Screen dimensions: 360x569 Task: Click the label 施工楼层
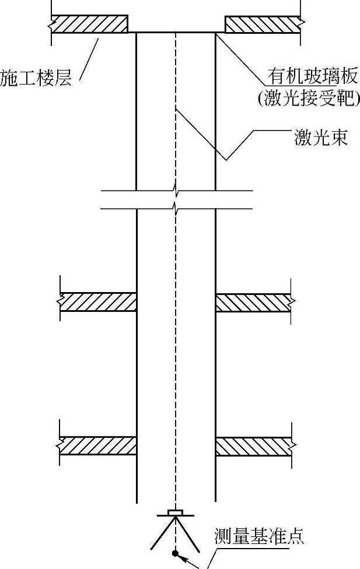[x=36, y=79]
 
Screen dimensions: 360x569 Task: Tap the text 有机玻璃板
[x=305, y=76]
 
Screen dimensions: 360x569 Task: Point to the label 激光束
[x=321, y=139]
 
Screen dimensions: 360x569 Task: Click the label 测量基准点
[x=259, y=537]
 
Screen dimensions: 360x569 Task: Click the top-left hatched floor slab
[x=90, y=24]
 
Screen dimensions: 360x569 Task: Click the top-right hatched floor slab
[x=263, y=24]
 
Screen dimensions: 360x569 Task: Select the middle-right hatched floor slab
[x=253, y=302]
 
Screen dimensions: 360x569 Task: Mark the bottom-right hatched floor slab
[x=253, y=446]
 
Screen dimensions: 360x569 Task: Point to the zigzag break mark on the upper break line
[x=175, y=189]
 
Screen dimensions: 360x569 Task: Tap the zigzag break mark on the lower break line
[x=175, y=208]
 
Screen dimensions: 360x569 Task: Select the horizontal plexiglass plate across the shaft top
[x=175, y=33]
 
